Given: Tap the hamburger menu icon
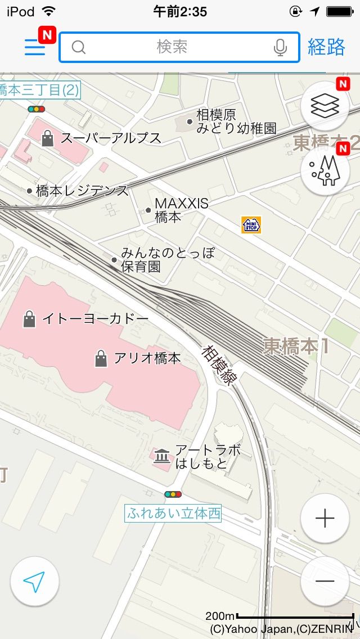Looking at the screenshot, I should pos(35,47).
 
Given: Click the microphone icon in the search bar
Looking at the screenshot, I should pos(280,47).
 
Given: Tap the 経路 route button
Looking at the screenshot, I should pos(326,47).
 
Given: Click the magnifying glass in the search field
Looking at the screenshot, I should pos(79,47).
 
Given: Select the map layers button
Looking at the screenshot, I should pos(325,105).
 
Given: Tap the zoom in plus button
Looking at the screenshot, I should pos(325,518).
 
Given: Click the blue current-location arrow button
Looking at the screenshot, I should pos(35,582).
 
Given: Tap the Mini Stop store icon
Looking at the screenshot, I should pos(251,224).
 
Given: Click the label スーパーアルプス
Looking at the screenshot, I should pos(111,138).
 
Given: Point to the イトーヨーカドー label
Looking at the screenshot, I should pos(96,319).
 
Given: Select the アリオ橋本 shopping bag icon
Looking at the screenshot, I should pos(101,358).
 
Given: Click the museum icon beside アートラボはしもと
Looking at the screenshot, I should pos(162,456).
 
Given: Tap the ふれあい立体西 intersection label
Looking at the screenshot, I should pos(173,513).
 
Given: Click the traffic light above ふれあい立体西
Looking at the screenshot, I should pos(173,494).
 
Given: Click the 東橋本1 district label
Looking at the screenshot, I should pos(296,346).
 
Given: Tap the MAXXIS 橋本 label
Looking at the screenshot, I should pos(181,210).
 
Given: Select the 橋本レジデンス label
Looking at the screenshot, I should pos(82,191).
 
